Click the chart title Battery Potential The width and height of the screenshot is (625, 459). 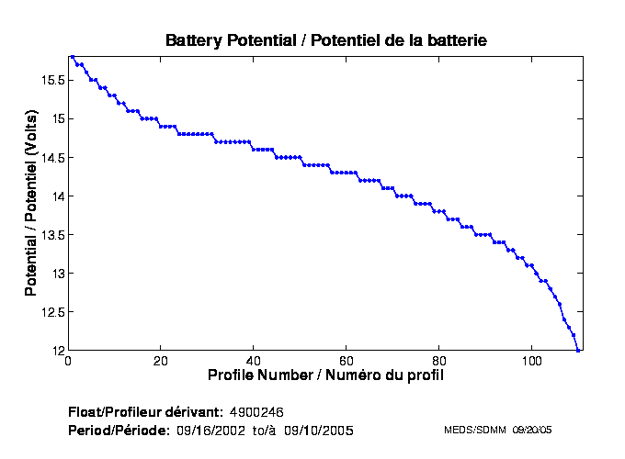[x=325, y=40]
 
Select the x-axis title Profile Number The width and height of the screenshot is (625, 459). [x=325, y=375]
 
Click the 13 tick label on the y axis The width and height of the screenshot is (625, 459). [x=56, y=274]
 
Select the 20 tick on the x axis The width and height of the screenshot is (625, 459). [x=161, y=361]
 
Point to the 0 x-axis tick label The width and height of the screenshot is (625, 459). [x=68, y=361]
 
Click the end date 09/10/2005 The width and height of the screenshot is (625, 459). [x=320, y=430]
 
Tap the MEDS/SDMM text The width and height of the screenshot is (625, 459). [x=475, y=430]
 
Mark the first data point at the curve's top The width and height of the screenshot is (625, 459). [x=73, y=56]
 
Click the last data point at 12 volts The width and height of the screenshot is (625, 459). [x=578, y=350]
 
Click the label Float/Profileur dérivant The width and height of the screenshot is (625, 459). [x=145, y=410]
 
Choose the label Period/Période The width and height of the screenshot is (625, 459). [x=119, y=430]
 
